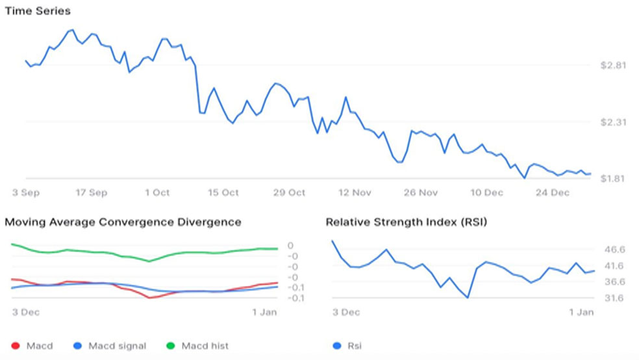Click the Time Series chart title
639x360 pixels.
click(x=38, y=11)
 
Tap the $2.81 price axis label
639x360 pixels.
click(x=613, y=65)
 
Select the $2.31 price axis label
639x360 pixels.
click(x=613, y=122)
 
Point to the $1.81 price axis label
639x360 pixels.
click(x=612, y=179)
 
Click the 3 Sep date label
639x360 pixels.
click(x=26, y=192)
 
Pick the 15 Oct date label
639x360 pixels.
click(x=223, y=192)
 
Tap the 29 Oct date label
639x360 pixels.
click(x=289, y=192)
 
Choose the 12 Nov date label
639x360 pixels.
click(x=355, y=192)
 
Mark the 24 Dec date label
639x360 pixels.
click(x=552, y=192)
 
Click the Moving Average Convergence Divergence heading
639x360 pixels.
click(x=123, y=222)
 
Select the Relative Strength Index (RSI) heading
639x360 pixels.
click(x=407, y=222)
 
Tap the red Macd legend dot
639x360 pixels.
click(x=16, y=346)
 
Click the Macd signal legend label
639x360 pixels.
click(x=118, y=346)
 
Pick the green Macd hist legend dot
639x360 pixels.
click(x=171, y=346)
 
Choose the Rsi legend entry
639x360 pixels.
click(x=347, y=346)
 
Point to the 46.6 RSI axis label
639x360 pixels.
click(x=614, y=250)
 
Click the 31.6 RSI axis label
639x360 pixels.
click(x=614, y=298)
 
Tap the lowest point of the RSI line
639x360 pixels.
click(x=468, y=298)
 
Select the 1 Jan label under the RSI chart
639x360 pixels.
click(x=581, y=313)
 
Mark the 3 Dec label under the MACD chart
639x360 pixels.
click(x=26, y=313)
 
